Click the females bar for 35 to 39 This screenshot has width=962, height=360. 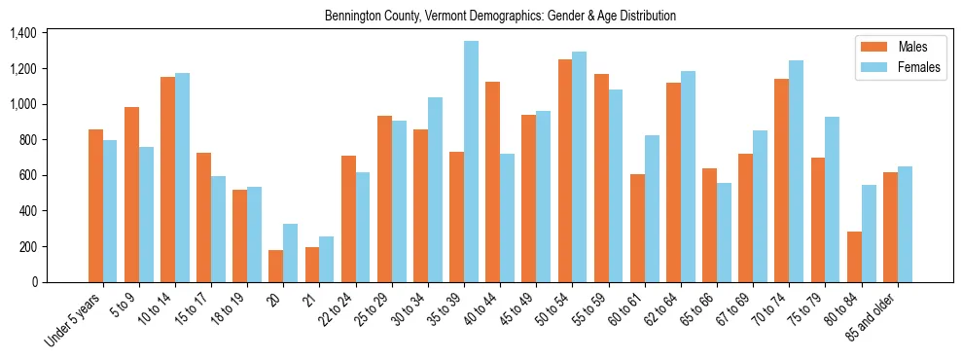pyautogui.click(x=471, y=162)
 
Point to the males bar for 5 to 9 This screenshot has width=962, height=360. pyautogui.click(x=131, y=195)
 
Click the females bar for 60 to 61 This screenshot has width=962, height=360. pyautogui.click(x=652, y=208)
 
